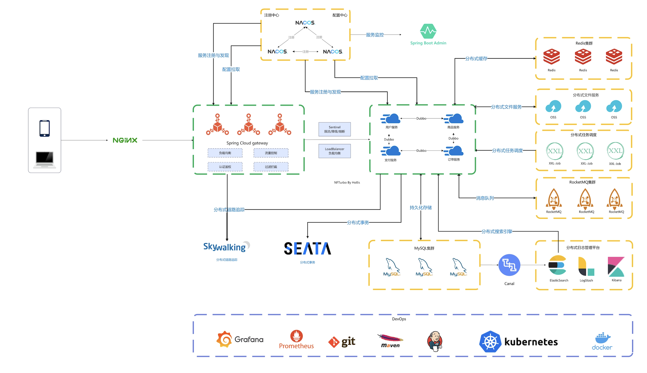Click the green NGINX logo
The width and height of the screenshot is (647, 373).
(x=125, y=140)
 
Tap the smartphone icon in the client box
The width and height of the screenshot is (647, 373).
(x=45, y=128)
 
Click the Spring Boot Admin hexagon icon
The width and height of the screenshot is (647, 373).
(x=428, y=31)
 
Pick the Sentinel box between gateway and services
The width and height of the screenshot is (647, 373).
(x=335, y=129)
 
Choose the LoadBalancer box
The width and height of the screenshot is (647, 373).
(x=335, y=151)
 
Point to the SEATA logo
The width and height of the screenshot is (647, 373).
(x=307, y=248)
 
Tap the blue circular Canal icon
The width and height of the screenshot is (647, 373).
(x=509, y=265)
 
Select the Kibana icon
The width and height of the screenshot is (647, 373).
(x=616, y=267)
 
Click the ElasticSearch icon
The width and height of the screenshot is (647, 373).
(x=557, y=265)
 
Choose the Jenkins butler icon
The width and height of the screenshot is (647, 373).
(x=435, y=341)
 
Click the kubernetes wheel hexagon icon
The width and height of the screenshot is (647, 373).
(x=490, y=341)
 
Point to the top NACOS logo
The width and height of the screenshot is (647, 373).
(x=305, y=23)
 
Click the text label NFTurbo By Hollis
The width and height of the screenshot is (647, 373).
(x=347, y=183)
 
